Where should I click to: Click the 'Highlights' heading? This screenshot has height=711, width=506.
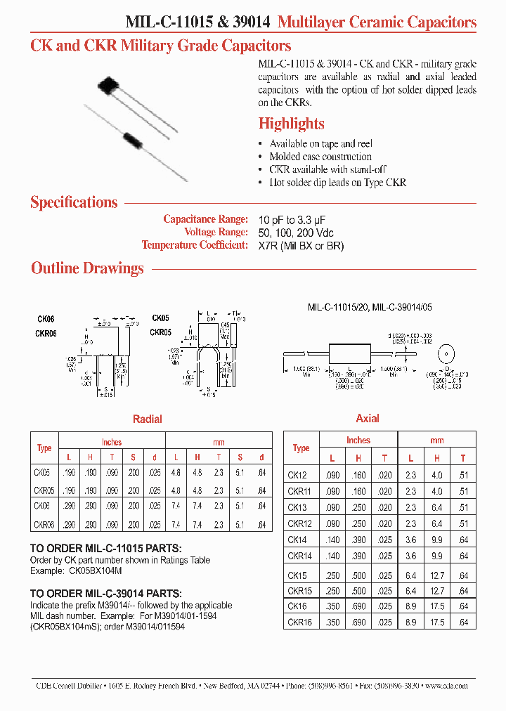(291, 124)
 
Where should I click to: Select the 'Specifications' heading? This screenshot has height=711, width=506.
(74, 203)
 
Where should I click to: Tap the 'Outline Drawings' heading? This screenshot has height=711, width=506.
(87, 268)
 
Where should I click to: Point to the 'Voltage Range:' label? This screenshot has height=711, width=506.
(216, 233)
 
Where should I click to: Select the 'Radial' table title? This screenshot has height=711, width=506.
(148, 419)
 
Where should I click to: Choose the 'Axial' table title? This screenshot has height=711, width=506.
(368, 419)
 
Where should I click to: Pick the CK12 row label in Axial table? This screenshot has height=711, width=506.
(298, 474)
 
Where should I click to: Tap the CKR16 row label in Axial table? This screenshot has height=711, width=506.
(300, 622)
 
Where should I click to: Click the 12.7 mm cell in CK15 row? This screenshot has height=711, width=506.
(436, 574)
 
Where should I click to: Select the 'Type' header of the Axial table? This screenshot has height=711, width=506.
(301, 448)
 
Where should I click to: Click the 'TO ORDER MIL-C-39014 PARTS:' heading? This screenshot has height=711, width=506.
(106, 594)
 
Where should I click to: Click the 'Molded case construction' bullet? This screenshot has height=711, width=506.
(320, 157)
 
